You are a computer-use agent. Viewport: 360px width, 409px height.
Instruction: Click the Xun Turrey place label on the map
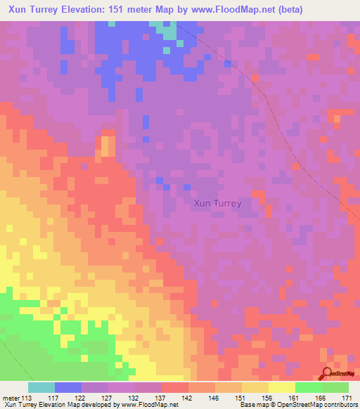tap(217, 203)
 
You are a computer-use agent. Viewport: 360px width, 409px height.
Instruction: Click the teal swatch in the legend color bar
tap(41, 387)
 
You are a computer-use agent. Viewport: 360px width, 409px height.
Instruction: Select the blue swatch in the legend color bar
tap(68, 387)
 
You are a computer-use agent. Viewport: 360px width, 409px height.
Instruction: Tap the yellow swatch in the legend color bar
tap(281, 387)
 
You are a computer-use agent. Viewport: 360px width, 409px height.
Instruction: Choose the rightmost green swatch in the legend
tap(335, 387)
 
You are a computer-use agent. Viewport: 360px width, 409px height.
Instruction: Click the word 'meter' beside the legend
tap(11, 397)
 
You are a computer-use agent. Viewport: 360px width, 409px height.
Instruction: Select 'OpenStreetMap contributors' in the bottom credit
tap(316, 405)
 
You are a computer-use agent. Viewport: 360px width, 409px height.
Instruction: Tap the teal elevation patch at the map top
tap(167, 30)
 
